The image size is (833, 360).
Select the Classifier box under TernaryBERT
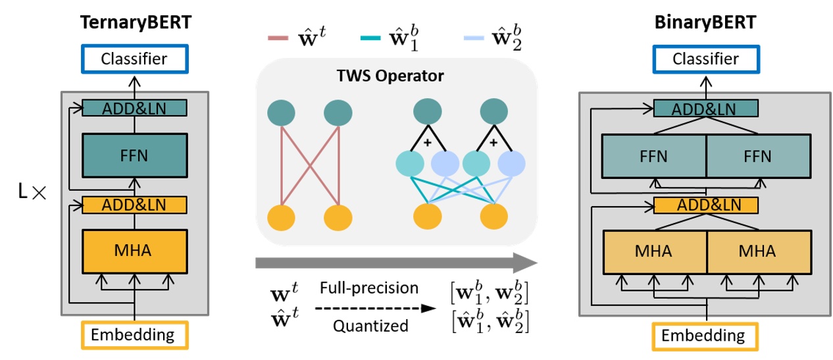pyautogui.click(x=134, y=59)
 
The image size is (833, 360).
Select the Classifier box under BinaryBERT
pyautogui.click(x=705, y=59)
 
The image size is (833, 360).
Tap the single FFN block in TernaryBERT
pyautogui.click(x=134, y=155)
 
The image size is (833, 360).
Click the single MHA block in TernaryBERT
pyautogui.click(x=134, y=250)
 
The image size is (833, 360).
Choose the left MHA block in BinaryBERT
pyautogui.click(x=653, y=251)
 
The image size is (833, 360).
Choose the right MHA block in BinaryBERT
pyautogui.click(x=757, y=251)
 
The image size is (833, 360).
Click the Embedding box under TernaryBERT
pyautogui.click(x=134, y=334)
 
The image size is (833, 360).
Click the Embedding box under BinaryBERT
pyautogui.click(x=705, y=336)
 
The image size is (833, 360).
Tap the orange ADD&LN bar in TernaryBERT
pyautogui.click(x=134, y=205)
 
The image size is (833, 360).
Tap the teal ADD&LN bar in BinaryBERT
pyautogui.click(x=705, y=109)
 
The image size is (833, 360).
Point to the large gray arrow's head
pyautogui.click(x=526, y=263)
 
